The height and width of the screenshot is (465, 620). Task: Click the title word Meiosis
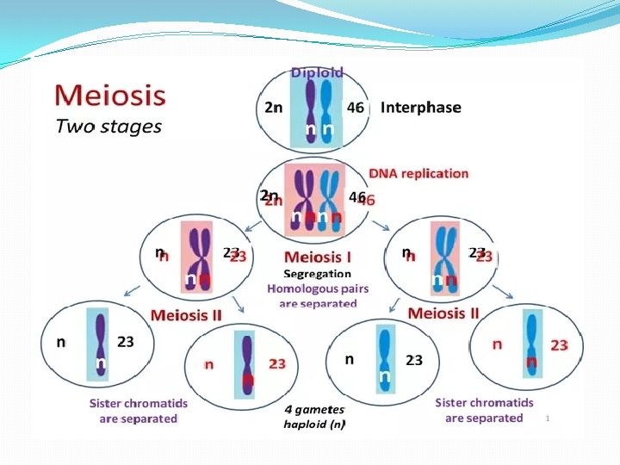tap(109, 92)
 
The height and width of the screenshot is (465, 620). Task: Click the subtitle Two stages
tap(108, 126)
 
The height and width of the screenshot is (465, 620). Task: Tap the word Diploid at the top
tap(317, 72)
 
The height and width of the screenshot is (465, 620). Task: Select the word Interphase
tap(420, 108)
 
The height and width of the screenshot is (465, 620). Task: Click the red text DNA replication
tap(418, 173)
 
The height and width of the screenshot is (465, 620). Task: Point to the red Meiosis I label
tap(319, 257)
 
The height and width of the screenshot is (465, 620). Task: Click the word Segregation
tap(318, 273)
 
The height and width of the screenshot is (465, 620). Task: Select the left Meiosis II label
tap(186, 314)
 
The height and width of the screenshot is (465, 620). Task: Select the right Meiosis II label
tap(443, 312)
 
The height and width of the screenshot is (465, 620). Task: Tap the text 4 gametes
tap(314, 409)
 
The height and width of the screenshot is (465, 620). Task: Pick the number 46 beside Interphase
tap(356, 108)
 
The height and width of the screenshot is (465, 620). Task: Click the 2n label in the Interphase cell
tap(271, 108)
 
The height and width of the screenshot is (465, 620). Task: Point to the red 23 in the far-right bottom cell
tap(559, 345)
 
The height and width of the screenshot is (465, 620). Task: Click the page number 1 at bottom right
tap(546, 418)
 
